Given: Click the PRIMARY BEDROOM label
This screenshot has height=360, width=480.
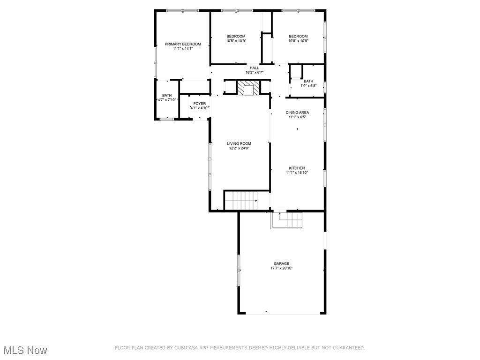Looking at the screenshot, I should tap(182, 44).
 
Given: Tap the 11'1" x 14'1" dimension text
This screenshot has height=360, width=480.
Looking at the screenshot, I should tap(182, 48).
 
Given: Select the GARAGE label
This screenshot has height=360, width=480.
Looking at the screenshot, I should tap(281, 263).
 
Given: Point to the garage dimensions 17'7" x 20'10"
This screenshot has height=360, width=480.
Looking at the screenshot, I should tap(281, 268).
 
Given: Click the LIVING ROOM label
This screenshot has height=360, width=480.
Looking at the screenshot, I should tap(239, 143).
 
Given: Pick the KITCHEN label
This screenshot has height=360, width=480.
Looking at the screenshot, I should tap(297, 168).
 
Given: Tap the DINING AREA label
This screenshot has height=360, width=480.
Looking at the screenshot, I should tap(297, 112).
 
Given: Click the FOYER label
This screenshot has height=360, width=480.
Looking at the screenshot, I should tap(199, 103).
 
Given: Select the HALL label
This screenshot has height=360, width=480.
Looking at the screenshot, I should tap(254, 68).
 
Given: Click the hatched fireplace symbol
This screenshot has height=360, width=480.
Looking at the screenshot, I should tap(247, 88).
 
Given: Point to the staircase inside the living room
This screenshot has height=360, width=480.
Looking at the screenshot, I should tap(241, 200).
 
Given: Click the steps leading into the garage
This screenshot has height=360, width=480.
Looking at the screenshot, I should tap(287, 220).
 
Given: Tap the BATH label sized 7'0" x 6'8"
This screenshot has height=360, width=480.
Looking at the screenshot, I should tap(308, 81).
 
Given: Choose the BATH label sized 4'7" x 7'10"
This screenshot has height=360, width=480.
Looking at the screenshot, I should tap(167, 95).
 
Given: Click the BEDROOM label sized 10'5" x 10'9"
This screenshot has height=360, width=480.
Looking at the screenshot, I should tap(236, 37).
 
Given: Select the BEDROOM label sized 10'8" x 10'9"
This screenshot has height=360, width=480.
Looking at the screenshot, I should tap(298, 37).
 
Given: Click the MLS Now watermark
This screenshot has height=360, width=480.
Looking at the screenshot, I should tap(25, 350).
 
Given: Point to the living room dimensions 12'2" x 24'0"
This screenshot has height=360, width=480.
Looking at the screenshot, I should tap(239, 148).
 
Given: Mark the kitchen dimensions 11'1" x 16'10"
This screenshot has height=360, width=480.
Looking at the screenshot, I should tap(297, 172).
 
